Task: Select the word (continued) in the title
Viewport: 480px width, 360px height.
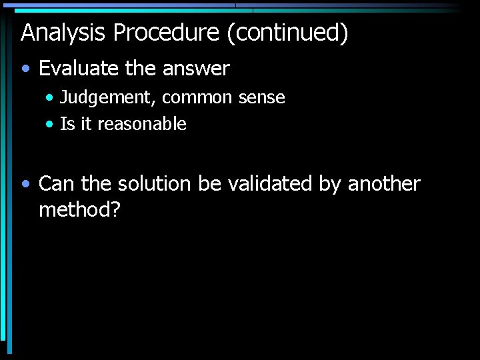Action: point(287,33)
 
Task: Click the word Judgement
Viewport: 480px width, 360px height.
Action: point(108,98)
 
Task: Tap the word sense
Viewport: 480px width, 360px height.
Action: point(262,98)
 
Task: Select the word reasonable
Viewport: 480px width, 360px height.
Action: point(142,124)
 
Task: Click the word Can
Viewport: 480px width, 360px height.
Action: point(57,184)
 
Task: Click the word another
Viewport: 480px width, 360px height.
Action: point(384,184)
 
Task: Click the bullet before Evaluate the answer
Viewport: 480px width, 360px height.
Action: point(25,69)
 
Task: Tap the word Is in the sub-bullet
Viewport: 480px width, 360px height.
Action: point(67,124)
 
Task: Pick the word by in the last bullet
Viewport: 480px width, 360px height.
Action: point(329,184)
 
